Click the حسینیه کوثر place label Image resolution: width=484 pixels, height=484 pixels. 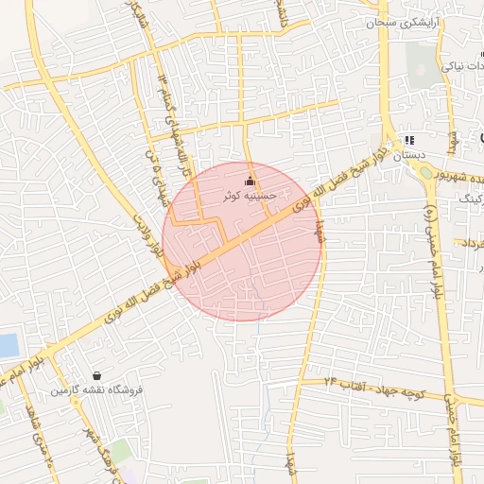pos(249,196)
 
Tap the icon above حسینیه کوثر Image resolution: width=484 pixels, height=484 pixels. pos(250,181)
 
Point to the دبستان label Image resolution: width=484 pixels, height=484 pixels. pos(409,154)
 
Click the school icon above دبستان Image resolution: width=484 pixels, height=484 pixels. pos(409,139)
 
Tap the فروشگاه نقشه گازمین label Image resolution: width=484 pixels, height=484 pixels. pos(96,389)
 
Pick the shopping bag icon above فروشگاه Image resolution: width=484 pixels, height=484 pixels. pos(97,375)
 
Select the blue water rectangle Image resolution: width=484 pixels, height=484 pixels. pos(8,346)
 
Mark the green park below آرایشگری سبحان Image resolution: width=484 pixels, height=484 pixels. pos(418,62)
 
